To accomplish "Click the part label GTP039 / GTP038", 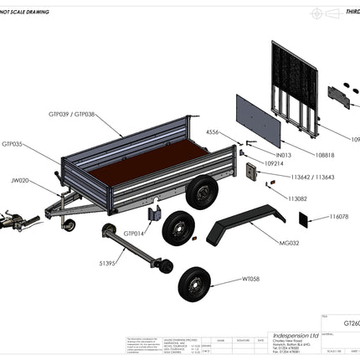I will pyautogui.click(x=71, y=112).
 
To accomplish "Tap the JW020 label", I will pyautogui.click(x=19, y=180).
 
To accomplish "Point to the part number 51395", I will pyautogui.click(x=107, y=264).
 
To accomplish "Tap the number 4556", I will pyautogui.click(x=214, y=132).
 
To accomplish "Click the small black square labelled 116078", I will pyautogui.click(x=305, y=219).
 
